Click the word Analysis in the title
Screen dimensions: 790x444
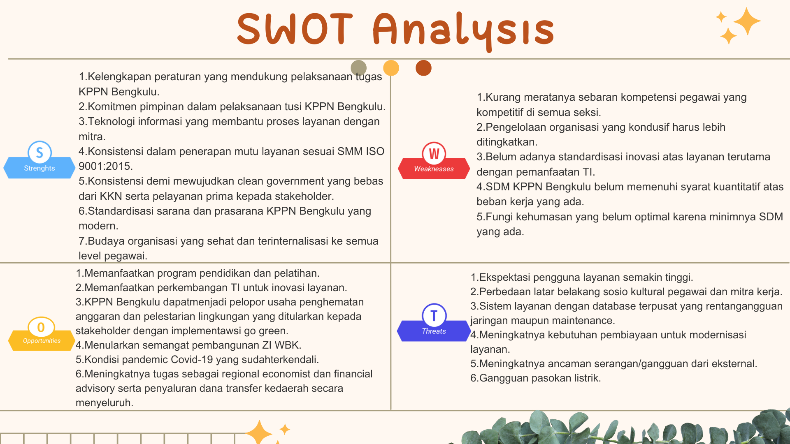coord(463,31)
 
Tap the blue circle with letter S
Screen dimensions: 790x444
coord(39,152)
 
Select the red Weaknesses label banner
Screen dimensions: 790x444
coord(434,169)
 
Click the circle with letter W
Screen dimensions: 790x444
coord(434,153)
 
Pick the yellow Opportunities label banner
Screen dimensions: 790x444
coord(42,340)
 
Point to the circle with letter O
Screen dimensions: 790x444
coord(41,328)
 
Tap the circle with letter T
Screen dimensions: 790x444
coord(434,315)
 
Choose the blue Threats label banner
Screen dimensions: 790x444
coord(434,331)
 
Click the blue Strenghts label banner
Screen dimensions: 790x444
coord(39,168)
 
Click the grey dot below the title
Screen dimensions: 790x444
coord(359,68)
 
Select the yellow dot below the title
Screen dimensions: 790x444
coord(391,68)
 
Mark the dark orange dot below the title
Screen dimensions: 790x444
coord(423,68)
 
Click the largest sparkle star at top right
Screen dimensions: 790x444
coord(747,21)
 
